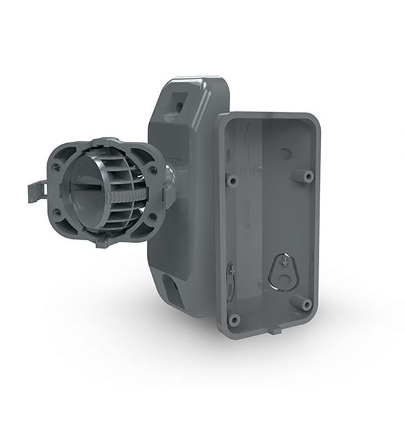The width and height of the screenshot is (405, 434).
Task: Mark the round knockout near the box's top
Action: pyautogui.click(x=285, y=154)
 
